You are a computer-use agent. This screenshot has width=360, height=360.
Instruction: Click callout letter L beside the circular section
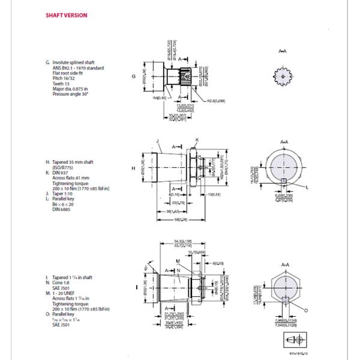(x=308, y=188)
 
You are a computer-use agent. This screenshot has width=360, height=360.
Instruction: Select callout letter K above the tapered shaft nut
(x=196, y=139)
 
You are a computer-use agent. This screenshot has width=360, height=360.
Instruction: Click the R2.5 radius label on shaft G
(x=217, y=102)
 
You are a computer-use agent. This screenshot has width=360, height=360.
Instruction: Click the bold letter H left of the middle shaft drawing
(x=131, y=169)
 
